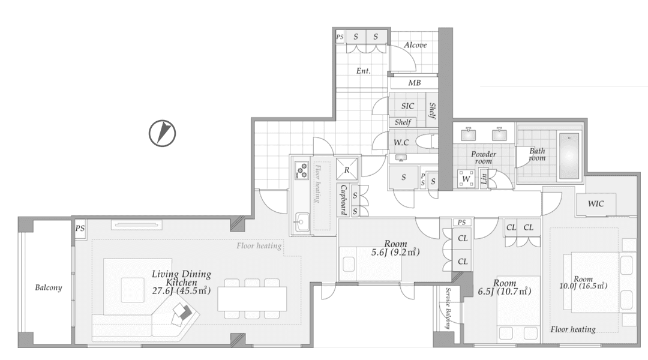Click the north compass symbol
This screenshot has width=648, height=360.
coord(163,134)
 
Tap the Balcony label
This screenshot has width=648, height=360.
coord(49,287)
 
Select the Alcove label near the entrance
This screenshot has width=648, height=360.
coord(415,45)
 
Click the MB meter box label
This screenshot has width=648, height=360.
coord(415,83)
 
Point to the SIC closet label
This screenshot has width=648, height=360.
coord(407,106)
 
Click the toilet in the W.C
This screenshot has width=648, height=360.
coord(425,142)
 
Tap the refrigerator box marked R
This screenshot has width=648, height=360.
coord(347,169)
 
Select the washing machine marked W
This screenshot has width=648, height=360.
coord(466,179)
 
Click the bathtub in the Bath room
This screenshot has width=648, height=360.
coord(569,156)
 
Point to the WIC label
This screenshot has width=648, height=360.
coord(596,204)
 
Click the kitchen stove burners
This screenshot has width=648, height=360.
coord(302,170)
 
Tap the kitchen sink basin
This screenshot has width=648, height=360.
coord(302,223)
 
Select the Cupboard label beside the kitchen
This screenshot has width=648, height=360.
coord(343,200)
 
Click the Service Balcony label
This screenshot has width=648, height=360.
coord(448,308)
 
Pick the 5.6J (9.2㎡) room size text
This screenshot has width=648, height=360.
coord(395,252)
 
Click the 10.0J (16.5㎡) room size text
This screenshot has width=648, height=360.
coord(583,286)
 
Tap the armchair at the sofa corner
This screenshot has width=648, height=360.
coord(182,311)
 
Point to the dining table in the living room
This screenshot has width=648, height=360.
coord(252,299)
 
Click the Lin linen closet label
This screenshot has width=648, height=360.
coord(484,179)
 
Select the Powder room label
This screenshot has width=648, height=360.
coord(484,157)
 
